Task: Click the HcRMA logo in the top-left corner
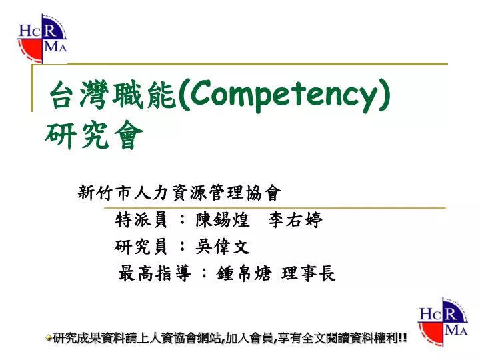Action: (42, 39)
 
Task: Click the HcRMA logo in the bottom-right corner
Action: (443, 322)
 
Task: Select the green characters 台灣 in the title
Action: (79, 94)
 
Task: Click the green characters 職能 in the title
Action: (143, 94)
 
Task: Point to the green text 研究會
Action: (94, 135)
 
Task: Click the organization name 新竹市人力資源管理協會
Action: (179, 193)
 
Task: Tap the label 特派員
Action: (141, 219)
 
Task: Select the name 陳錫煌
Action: (223, 219)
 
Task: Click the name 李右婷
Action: (296, 219)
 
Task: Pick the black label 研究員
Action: (141, 247)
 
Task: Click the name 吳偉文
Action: (223, 247)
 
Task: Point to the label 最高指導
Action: (155, 273)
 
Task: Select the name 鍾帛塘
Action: (244, 273)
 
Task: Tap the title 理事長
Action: (308, 273)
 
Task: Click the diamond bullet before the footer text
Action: (49, 338)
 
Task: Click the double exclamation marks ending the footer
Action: (403, 337)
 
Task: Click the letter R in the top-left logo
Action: (49, 31)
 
